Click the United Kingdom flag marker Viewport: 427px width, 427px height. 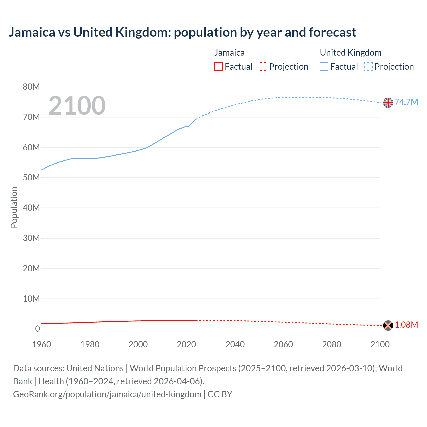[x=388, y=103]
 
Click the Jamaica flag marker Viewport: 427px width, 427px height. [x=388, y=325]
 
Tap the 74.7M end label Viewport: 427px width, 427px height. [x=406, y=102]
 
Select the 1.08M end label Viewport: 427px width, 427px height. [x=406, y=325]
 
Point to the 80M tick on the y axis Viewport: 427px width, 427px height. [x=31, y=87]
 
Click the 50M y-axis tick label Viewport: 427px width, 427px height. [x=31, y=178]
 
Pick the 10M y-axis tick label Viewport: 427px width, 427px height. [x=31, y=299]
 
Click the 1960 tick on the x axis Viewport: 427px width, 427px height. [x=42, y=344]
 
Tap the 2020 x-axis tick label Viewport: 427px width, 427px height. [x=186, y=344]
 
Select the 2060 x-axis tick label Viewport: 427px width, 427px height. [x=283, y=344]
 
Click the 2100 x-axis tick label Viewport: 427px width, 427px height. [x=380, y=344]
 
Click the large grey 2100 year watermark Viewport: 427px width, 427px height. [x=77, y=106]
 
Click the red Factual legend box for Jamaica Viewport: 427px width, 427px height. [x=219, y=67]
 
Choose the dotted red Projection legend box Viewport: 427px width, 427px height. [x=263, y=67]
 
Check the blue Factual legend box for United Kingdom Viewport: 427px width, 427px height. [x=324, y=67]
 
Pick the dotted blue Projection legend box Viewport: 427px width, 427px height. [x=369, y=67]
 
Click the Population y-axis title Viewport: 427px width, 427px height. [x=14, y=207]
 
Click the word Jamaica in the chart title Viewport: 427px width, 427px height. [x=32, y=32]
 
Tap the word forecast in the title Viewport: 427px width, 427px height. [x=332, y=32]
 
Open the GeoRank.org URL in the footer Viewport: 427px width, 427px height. [x=107, y=394]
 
